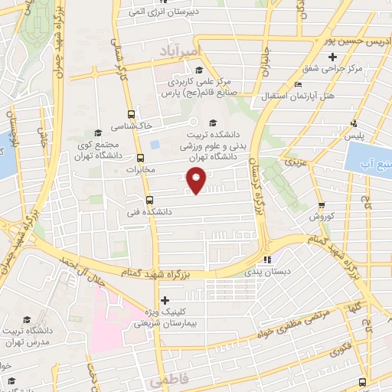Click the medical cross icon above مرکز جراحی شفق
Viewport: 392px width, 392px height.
pyautogui.click(x=332, y=57)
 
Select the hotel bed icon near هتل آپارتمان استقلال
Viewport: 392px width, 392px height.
pyautogui.click(x=297, y=83)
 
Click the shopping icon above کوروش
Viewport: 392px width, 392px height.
pyautogui.click(x=322, y=204)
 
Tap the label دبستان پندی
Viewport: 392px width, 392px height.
pyautogui.click(x=263, y=270)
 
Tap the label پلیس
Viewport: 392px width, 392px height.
pyautogui.click(x=354, y=135)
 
